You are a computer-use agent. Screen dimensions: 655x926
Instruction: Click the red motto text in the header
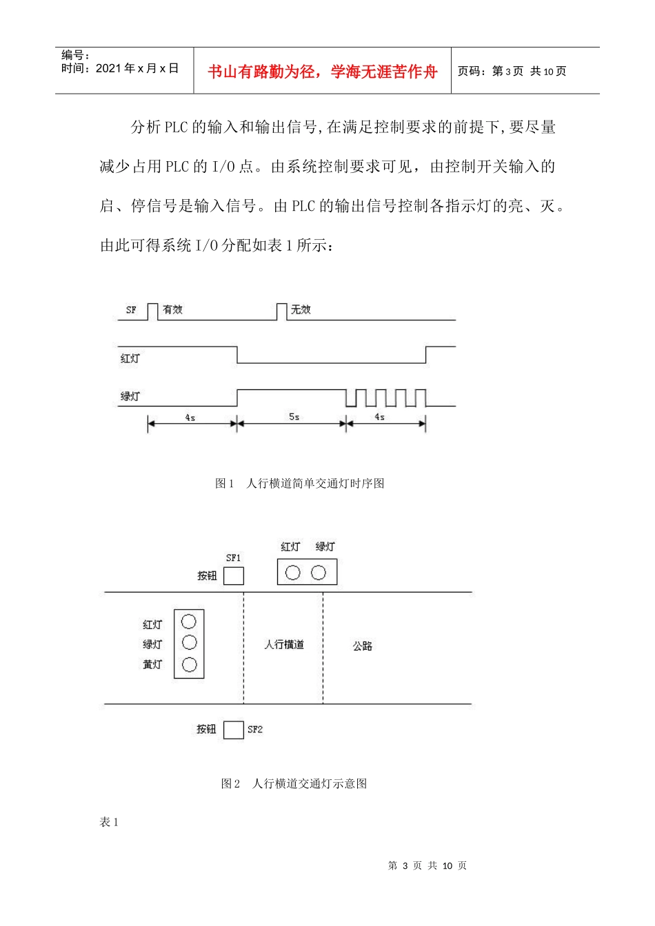(x=322, y=72)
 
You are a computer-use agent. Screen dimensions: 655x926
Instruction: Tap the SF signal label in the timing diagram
(x=131, y=310)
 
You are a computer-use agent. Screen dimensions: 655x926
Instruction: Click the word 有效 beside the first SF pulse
(x=172, y=310)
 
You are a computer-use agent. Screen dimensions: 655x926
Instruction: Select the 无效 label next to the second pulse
(x=301, y=310)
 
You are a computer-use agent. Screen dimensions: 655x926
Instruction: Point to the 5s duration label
(x=294, y=417)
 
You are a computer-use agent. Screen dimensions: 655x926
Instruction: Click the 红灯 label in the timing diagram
(x=130, y=358)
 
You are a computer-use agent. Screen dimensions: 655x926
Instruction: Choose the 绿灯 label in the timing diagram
(x=130, y=396)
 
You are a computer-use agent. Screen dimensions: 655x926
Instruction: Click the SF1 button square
(x=234, y=575)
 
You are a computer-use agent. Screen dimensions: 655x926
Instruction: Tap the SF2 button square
(x=234, y=730)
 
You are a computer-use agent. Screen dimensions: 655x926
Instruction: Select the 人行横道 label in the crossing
(x=284, y=645)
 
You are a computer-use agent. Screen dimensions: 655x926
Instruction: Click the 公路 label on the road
(x=363, y=646)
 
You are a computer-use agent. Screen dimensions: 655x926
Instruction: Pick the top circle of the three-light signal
(x=189, y=621)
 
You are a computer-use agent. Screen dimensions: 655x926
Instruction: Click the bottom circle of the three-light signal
(x=189, y=665)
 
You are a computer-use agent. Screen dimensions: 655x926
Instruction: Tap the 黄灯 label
(x=152, y=665)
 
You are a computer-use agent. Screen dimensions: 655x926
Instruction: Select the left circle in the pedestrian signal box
(x=293, y=573)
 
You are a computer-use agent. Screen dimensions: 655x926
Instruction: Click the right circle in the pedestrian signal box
(x=319, y=573)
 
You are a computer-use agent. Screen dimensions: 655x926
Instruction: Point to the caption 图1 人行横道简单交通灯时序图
(x=300, y=484)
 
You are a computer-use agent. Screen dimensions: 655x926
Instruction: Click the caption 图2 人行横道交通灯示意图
(x=294, y=784)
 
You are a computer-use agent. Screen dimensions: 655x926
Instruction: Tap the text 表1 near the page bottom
(x=109, y=822)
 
